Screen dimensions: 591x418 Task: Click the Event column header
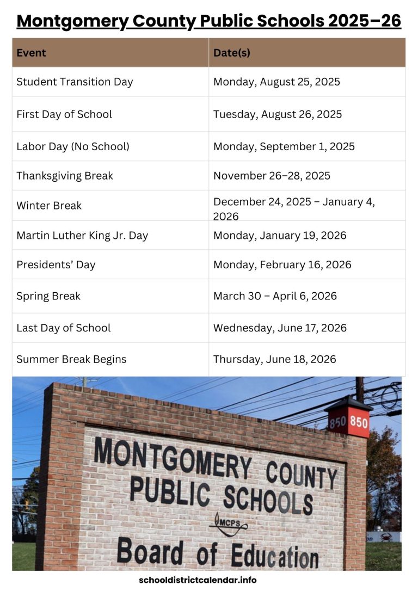[31, 53]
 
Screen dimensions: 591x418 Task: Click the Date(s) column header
[232, 53]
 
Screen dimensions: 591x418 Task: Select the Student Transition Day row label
[75, 82]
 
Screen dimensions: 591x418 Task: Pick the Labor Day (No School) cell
[73, 146]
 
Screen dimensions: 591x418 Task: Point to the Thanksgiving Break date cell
[272, 176]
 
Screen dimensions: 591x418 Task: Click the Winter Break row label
[49, 206]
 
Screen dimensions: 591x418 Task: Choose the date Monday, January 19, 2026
[280, 236]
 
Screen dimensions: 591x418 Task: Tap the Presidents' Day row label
[56, 265]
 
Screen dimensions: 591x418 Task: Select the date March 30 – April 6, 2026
[275, 296]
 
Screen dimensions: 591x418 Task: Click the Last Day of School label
[63, 328]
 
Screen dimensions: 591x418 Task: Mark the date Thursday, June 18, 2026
[274, 359]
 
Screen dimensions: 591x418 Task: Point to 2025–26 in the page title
[365, 21]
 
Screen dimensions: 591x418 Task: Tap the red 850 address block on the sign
[348, 422]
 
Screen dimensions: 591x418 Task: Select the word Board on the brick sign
[150, 551]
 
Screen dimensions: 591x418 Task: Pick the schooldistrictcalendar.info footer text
[198, 580]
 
